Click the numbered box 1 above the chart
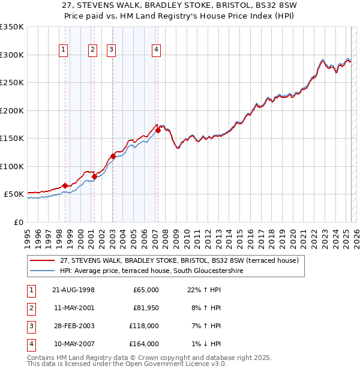click(x=64, y=50)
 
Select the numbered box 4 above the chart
click(x=156, y=50)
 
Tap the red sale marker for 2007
click(x=158, y=130)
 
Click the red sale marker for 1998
click(x=65, y=186)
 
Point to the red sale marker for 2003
click(x=113, y=156)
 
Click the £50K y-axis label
click(x=14, y=194)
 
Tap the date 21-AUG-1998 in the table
click(x=73, y=290)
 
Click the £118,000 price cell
click(x=144, y=326)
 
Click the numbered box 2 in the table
click(x=30, y=308)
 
